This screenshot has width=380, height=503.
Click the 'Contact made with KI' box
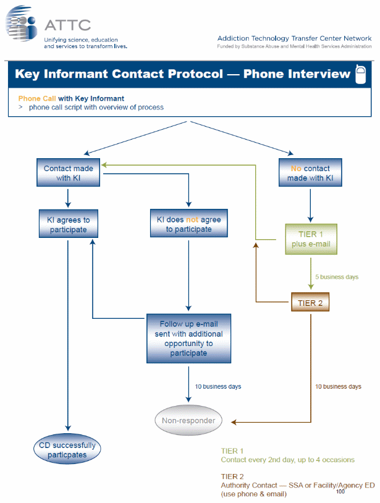click(x=68, y=173)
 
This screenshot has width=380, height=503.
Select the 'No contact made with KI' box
click(x=310, y=173)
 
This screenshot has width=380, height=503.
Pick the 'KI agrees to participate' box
click(x=68, y=224)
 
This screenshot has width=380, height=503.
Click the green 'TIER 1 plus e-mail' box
click(x=311, y=239)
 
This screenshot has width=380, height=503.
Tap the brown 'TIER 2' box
click(x=310, y=303)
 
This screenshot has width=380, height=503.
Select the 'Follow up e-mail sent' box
click(x=188, y=339)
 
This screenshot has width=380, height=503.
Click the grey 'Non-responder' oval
click(x=188, y=421)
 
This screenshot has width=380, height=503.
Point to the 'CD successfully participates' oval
click(x=68, y=450)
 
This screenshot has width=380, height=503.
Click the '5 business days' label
click(x=337, y=277)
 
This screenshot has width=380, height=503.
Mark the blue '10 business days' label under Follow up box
click(x=218, y=387)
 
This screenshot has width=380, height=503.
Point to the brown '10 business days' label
click(x=338, y=387)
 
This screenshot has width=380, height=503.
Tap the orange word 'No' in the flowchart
click(x=296, y=168)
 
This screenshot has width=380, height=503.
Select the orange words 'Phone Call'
click(x=37, y=98)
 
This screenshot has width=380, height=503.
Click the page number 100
click(x=340, y=492)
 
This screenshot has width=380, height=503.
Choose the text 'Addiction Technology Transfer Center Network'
click(x=294, y=38)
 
